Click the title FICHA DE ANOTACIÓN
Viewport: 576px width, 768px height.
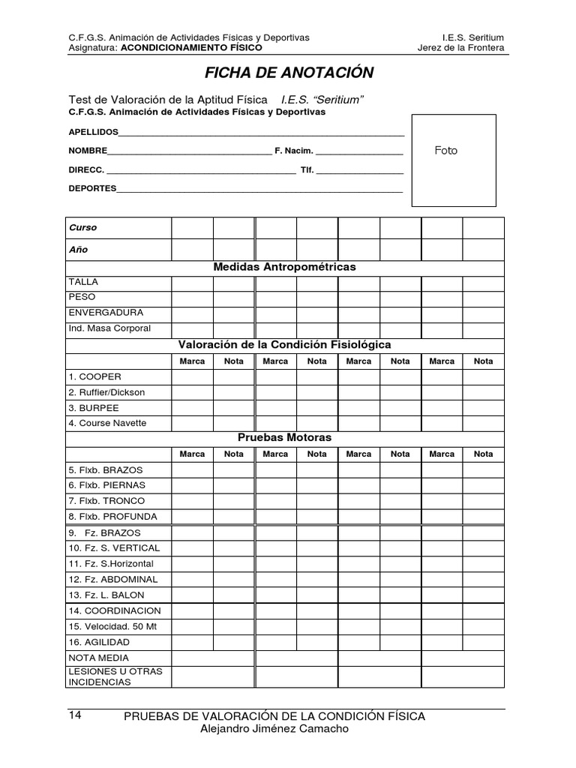pyautogui.click(x=289, y=73)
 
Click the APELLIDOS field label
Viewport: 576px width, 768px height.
pyautogui.click(x=94, y=131)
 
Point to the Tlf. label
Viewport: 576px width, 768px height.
pyautogui.click(x=307, y=170)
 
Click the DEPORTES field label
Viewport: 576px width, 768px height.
pyautogui.click(x=92, y=188)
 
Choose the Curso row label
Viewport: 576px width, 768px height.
pyautogui.click(x=83, y=227)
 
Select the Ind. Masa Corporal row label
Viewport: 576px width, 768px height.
pyautogui.click(x=109, y=328)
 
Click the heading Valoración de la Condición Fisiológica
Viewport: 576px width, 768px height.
pyautogui.click(x=284, y=345)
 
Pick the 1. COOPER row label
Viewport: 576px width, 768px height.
pyautogui.click(x=94, y=376)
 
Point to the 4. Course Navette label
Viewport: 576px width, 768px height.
pyautogui.click(x=107, y=423)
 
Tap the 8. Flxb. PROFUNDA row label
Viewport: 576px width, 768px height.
pyautogui.click(x=112, y=516)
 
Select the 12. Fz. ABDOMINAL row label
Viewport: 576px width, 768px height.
pyautogui.click(x=112, y=579)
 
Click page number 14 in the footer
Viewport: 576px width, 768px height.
pyautogui.click(x=74, y=715)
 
